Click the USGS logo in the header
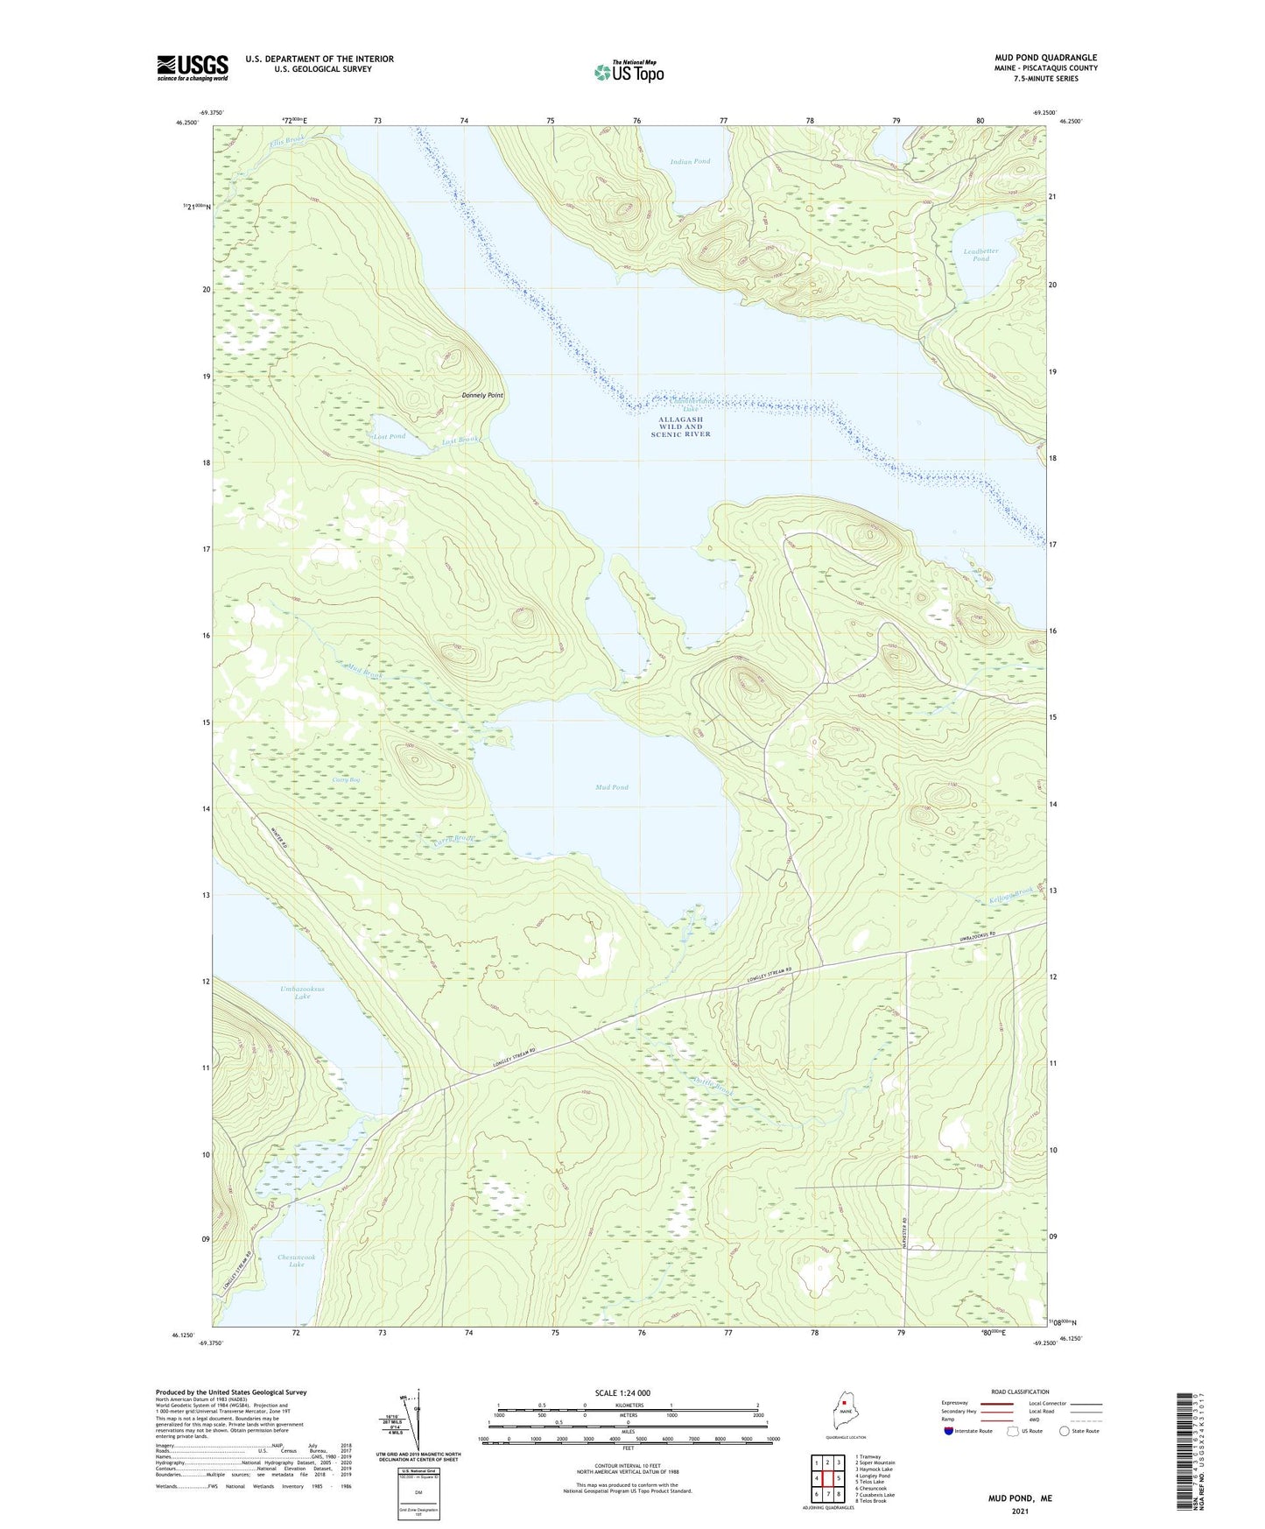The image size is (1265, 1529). (193, 67)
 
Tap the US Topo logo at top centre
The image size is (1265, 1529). (629, 72)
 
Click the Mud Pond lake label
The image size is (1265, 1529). (612, 787)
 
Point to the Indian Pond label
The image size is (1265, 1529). (690, 162)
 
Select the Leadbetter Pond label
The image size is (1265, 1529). (980, 255)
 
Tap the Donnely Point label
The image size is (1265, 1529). (482, 396)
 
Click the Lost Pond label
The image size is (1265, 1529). (390, 436)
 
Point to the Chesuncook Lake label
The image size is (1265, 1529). (296, 1261)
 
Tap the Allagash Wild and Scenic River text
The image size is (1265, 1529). (681, 426)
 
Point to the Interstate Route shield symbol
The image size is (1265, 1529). (949, 1431)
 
